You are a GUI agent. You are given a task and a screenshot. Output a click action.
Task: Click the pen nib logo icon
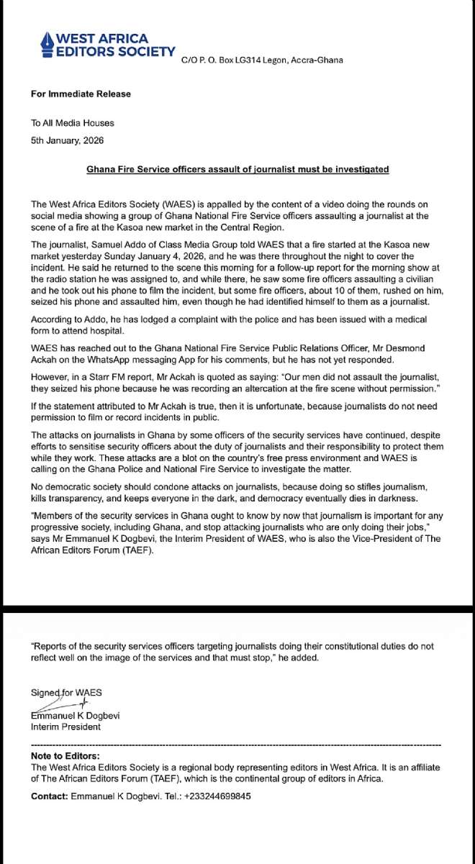coord(47,44)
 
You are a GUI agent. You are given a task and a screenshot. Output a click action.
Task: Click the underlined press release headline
coord(237,169)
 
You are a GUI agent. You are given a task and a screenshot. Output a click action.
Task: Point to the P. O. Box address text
coord(262,60)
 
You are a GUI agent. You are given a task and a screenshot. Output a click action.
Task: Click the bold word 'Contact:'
coord(49,796)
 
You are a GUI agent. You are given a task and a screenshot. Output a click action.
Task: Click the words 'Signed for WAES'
coord(66,692)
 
